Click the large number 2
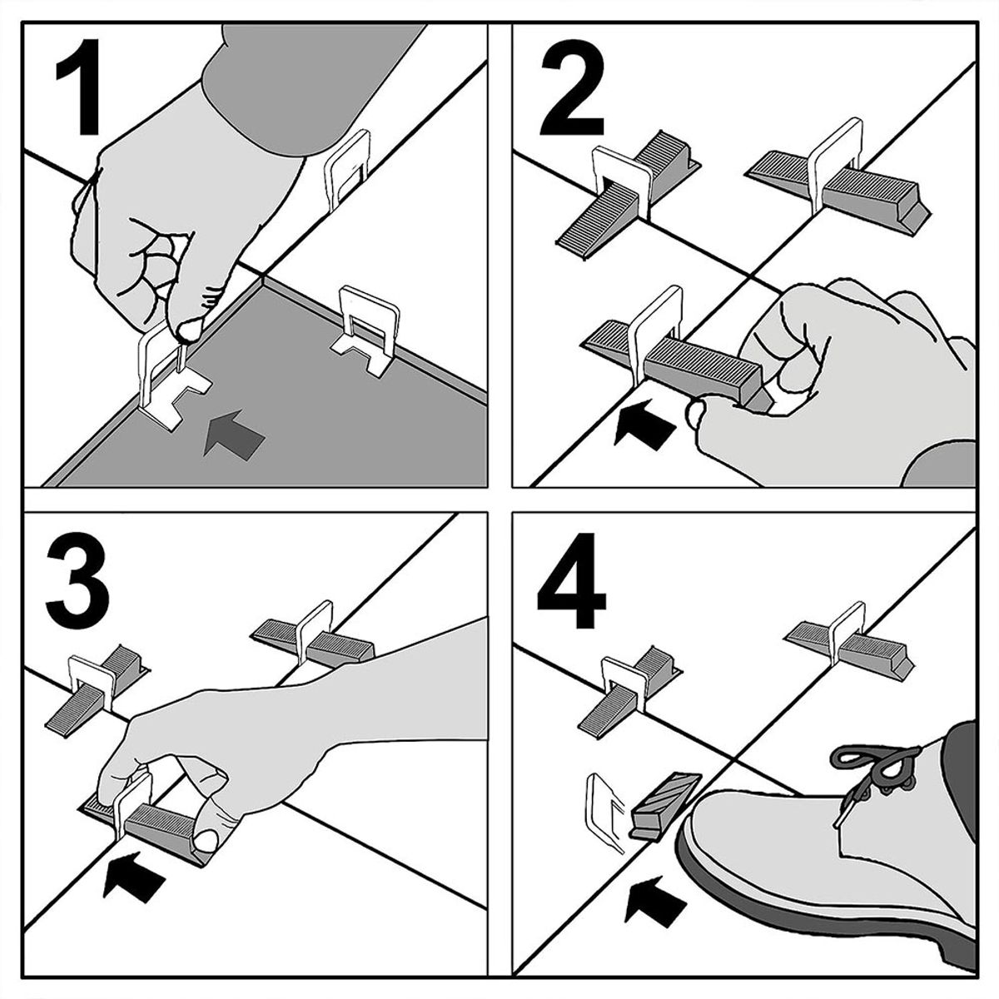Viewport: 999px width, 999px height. (x=572, y=88)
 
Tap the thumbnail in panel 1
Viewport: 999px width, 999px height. (x=190, y=329)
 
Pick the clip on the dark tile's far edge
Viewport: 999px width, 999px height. (x=368, y=332)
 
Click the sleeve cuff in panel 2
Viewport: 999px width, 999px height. (x=939, y=464)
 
